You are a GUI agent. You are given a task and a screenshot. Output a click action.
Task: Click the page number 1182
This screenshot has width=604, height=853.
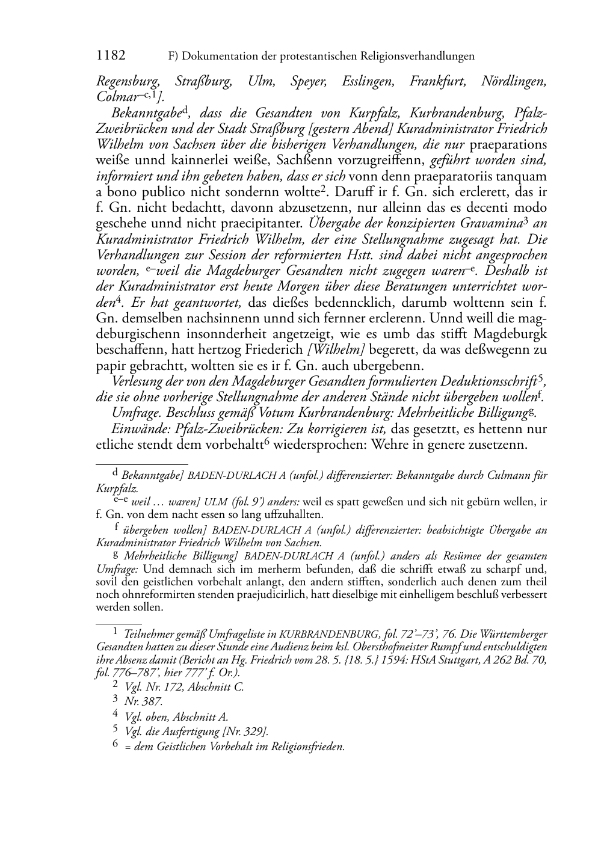111,56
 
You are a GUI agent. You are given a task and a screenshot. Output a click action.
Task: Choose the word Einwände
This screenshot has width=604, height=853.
137,428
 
